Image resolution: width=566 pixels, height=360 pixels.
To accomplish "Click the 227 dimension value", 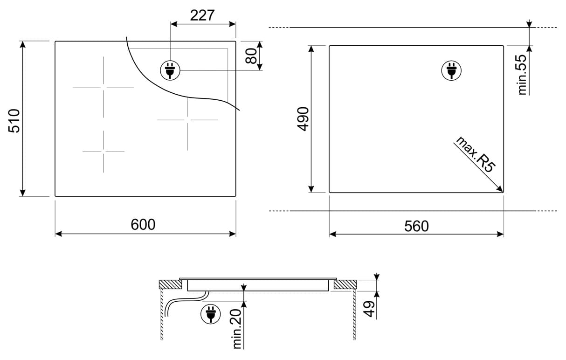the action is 202,15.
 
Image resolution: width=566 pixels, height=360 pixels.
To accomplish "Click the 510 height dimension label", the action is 14,121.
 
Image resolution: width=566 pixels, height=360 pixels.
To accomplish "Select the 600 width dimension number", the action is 143,224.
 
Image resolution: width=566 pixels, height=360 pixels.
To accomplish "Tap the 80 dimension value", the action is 251,56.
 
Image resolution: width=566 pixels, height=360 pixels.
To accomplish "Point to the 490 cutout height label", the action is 303,119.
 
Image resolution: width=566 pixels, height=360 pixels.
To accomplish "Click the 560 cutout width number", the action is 416,226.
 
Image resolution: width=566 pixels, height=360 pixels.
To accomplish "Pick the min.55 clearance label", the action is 522,75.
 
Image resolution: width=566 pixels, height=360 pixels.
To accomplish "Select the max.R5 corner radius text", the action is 475,155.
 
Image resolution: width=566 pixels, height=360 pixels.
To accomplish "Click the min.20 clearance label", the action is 237,329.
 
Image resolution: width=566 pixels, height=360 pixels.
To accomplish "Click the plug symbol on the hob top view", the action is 170,70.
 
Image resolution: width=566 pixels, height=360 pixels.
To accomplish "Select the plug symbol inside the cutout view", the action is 451,70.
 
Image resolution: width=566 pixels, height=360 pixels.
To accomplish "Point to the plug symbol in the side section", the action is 210,314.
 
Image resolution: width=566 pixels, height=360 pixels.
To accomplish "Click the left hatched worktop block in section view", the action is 170,284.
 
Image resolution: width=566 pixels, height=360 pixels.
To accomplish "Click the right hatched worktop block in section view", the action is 345,284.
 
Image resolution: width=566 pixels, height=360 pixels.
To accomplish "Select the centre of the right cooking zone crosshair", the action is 187,120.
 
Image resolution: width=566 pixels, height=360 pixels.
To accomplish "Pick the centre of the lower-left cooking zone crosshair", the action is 104,152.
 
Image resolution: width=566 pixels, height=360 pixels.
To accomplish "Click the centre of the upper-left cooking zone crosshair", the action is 104,87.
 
